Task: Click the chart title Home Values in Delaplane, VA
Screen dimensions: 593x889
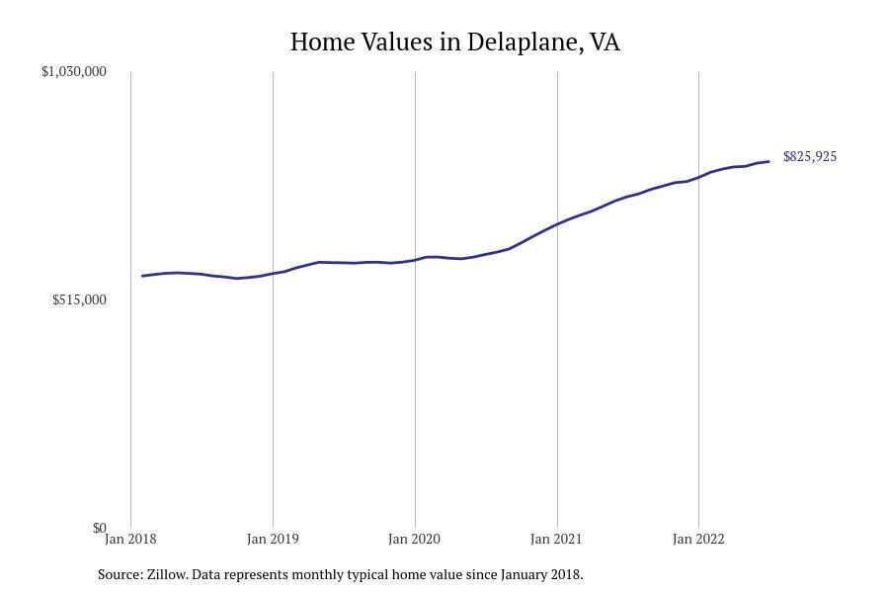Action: click(x=454, y=42)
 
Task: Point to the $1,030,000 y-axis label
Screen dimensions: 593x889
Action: click(x=74, y=71)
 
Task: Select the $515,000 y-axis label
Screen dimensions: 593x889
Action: click(x=79, y=299)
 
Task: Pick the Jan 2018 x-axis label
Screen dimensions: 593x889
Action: click(x=130, y=539)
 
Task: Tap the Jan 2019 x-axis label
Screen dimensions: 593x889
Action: click(x=273, y=539)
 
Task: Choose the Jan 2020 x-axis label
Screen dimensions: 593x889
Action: click(x=415, y=539)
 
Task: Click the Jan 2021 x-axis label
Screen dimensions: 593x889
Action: click(x=556, y=539)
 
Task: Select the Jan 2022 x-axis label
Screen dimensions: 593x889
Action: click(x=698, y=539)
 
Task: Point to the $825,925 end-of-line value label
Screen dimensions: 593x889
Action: click(x=810, y=157)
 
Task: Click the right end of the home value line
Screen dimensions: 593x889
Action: click(x=768, y=161)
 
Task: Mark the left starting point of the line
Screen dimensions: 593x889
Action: click(x=142, y=276)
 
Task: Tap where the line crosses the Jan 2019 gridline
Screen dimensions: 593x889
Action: click(x=273, y=273)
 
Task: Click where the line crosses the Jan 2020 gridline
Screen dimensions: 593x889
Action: click(x=415, y=260)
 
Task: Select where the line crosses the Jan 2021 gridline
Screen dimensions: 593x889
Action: click(x=557, y=224)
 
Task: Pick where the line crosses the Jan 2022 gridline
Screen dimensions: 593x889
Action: click(x=698, y=177)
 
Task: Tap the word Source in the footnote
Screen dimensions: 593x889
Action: click(x=120, y=574)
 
